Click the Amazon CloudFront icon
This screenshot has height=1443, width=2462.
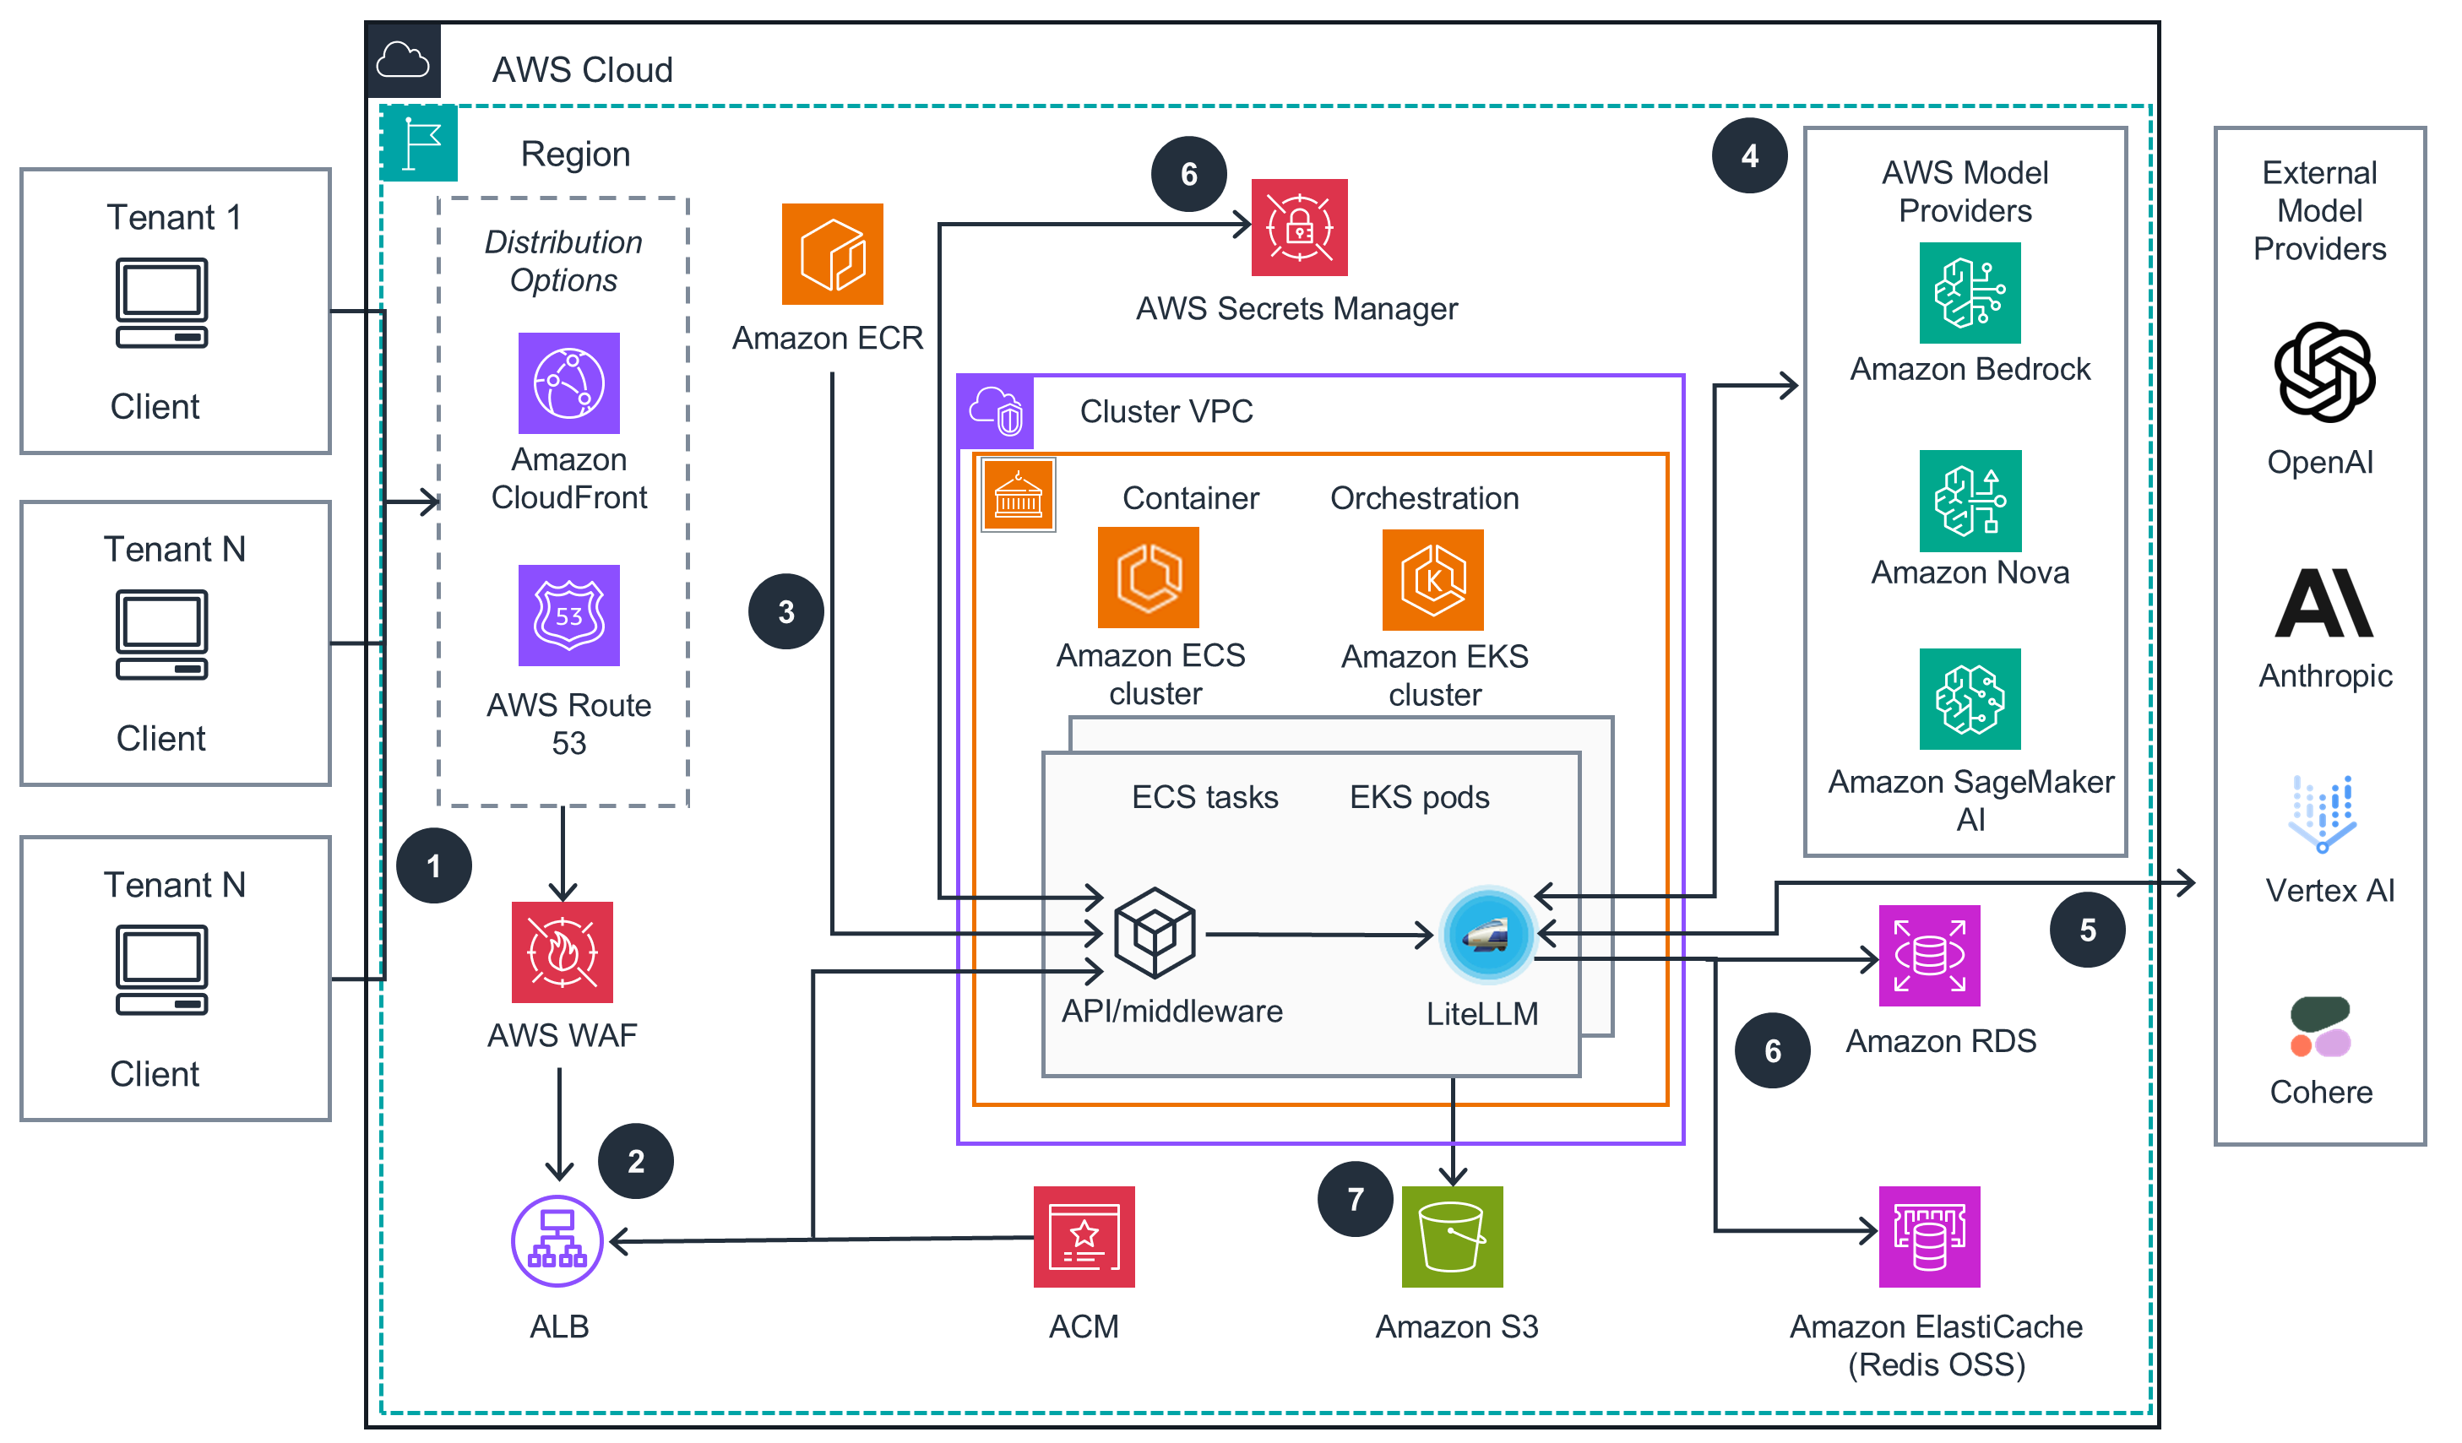point(568,383)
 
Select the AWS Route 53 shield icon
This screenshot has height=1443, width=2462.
point(568,616)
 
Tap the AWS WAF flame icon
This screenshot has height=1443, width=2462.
point(562,952)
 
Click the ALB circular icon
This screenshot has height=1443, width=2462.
point(557,1240)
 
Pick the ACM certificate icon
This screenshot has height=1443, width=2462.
point(1084,1236)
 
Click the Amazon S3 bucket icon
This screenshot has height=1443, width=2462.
point(1452,1236)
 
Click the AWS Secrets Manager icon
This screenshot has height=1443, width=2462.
point(1298,228)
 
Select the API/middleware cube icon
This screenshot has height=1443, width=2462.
point(1154,932)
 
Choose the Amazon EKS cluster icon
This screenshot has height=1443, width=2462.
point(1432,579)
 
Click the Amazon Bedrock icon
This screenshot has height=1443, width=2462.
point(1969,293)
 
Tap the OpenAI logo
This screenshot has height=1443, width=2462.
point(2323,372)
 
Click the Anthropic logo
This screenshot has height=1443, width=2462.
point(2323,603)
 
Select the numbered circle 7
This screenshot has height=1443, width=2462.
point(1354,1199)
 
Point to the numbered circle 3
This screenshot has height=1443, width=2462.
point(785,611)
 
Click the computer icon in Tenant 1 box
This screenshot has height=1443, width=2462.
point(162,303)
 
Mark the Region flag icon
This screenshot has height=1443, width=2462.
point(420,144)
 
